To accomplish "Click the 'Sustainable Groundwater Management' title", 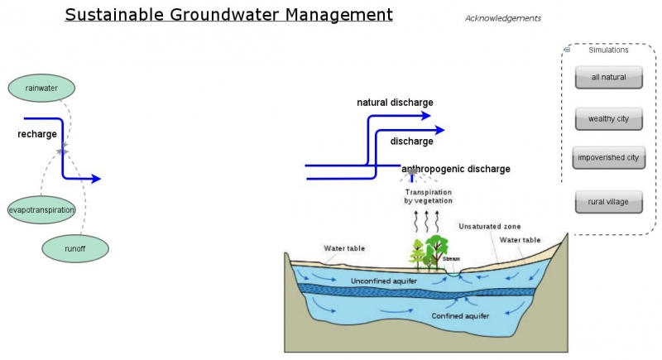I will [228, 15].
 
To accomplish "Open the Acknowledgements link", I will [502, 18].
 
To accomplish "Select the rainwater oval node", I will [41, 87].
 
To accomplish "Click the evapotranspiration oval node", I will [41, 210].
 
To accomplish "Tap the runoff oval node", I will [75, 247].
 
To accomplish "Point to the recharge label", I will [37, 134].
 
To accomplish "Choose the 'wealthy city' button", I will [608, 118].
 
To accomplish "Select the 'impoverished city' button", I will [608, 157].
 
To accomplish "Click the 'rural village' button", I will [608, 201].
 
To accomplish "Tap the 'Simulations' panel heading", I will [608, 50].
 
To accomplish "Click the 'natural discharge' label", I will [395, 103].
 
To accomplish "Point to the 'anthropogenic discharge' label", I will [456, 169].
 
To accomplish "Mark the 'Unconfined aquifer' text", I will [383, 281].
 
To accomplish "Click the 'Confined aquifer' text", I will [459, 316].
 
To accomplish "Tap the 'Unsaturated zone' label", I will [490, 226].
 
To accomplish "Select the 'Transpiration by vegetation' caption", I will [428, 196].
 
